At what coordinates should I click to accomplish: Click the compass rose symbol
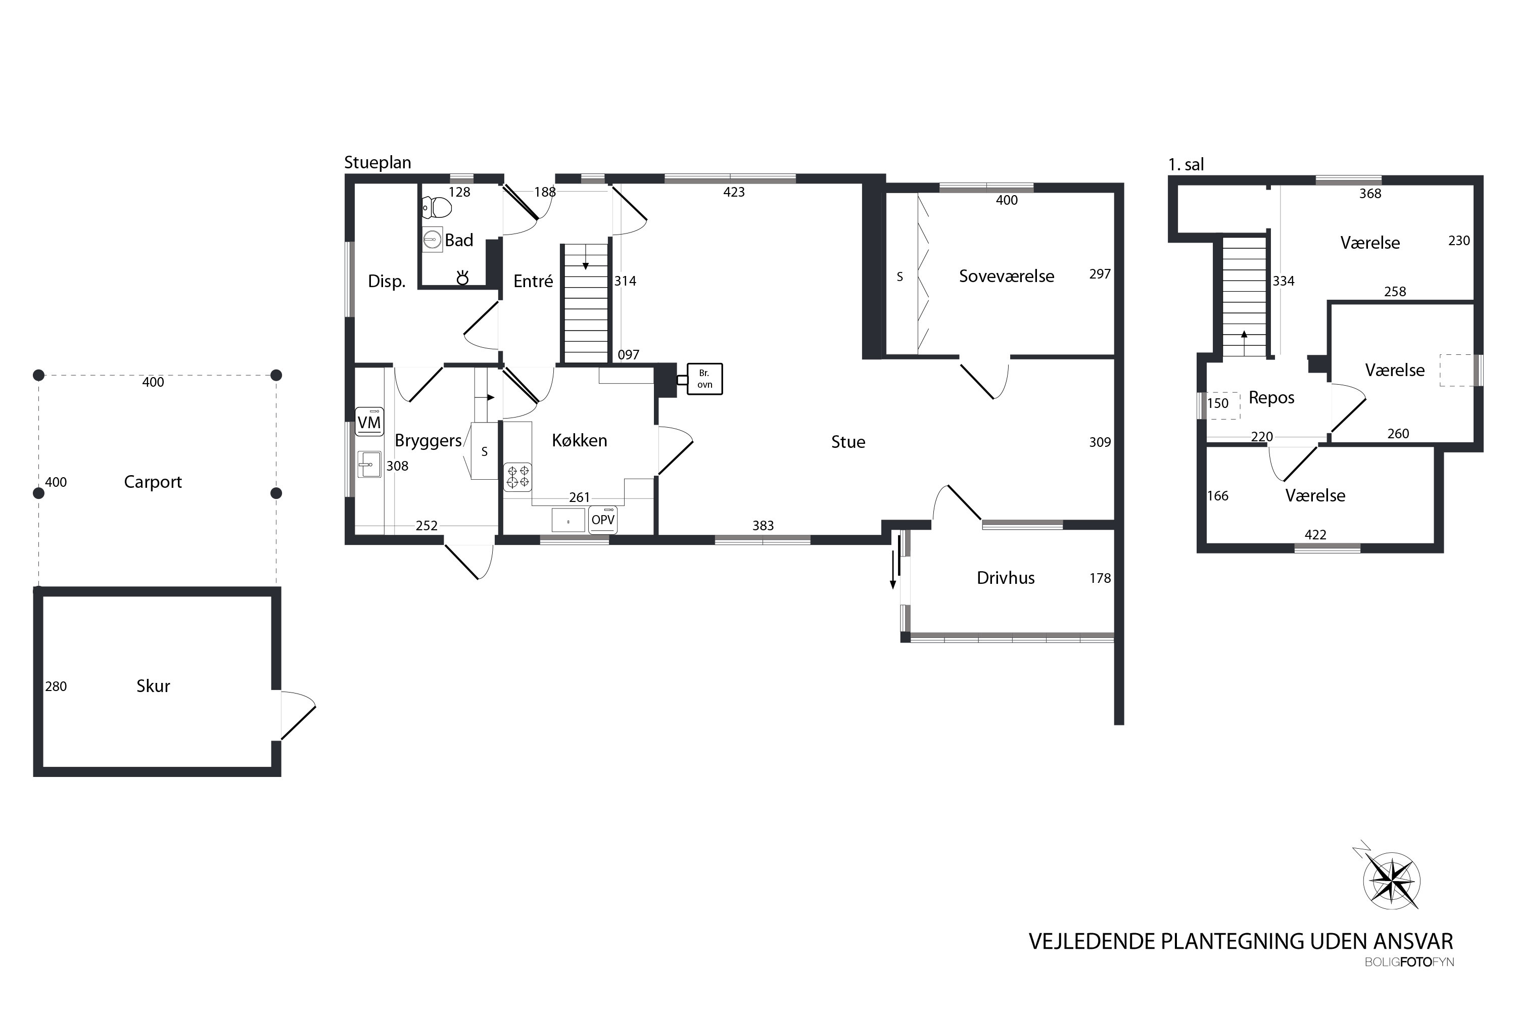[1392, 881]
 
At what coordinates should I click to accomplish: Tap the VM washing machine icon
[369, 422]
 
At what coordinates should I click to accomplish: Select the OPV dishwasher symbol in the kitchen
[603, 520]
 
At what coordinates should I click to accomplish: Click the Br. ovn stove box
[704, 379]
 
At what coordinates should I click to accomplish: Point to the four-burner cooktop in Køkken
[517, 477]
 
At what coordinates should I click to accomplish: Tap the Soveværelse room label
[1006, 276]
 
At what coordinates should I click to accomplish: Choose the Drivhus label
[1006, 578]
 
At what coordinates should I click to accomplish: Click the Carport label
[153, 482]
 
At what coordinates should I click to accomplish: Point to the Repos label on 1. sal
[1271, 398]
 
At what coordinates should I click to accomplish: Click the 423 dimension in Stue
[734, 192]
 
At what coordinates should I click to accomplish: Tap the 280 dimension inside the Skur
[56, 686]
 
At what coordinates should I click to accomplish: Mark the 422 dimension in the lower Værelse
[1315, 534]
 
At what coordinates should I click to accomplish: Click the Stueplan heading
[377, 162]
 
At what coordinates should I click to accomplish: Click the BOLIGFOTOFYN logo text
[1409, 962]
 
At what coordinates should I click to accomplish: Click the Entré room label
[533, 281]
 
